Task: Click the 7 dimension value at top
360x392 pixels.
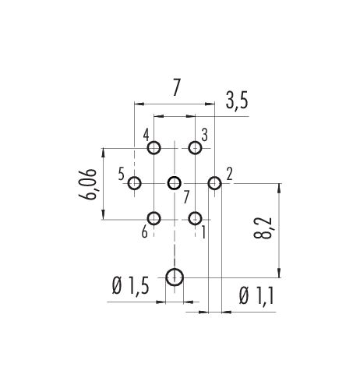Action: point(176,87)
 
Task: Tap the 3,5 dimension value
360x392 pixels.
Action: point(237,101)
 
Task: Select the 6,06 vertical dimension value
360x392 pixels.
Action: point(87,184)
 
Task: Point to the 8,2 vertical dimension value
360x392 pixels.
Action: point(263,228)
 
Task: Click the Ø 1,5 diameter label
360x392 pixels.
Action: point(130,286)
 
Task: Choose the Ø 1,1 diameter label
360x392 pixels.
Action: point(256,296)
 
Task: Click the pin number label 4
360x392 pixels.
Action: point(146,136)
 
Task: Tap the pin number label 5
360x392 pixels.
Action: point(122,175)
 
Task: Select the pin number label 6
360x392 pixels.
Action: point(144,232)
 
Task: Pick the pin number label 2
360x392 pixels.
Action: point(229,174)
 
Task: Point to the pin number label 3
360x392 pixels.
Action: point(205,136)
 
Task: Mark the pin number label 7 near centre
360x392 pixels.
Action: point(186,198)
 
